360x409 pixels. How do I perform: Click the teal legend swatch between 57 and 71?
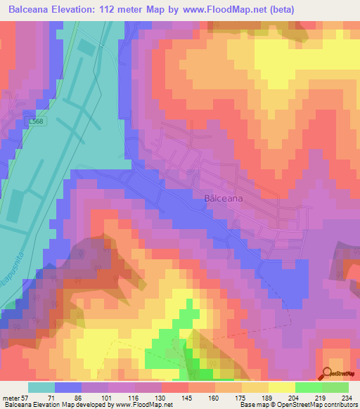(41, 387)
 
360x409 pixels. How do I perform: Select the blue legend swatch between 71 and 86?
(68, 387)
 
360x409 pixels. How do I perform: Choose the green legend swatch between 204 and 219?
(308, 387)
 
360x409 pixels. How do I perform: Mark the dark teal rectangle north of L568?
(86, 48)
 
